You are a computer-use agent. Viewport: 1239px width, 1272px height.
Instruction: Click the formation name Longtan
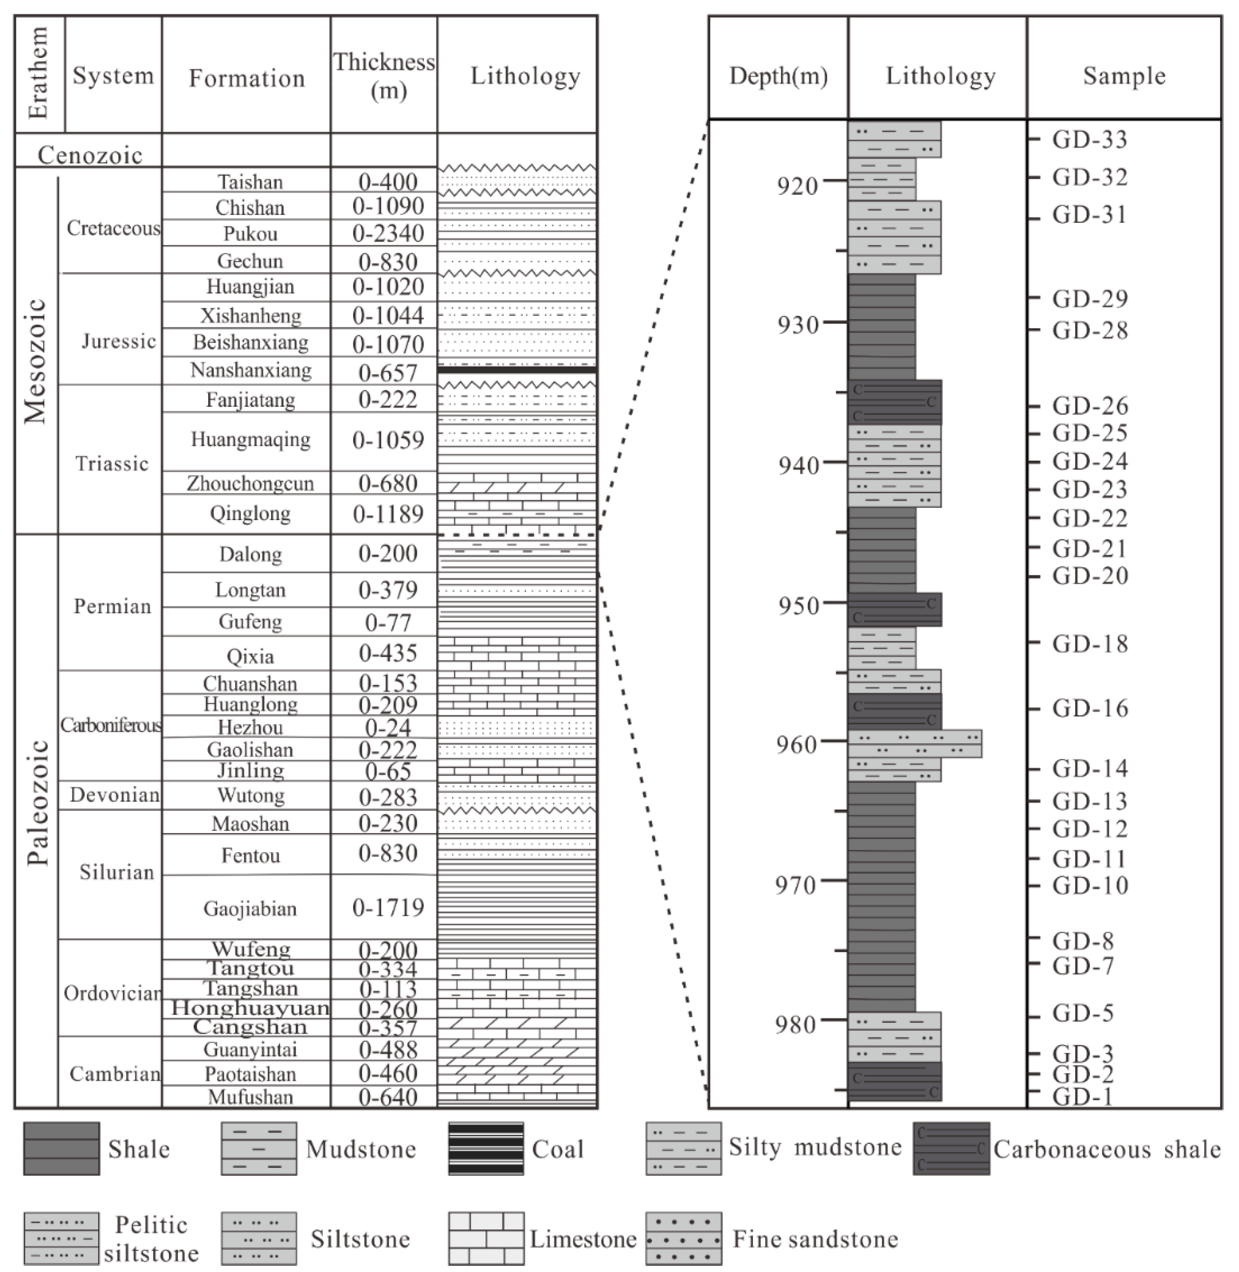(x=251, y=590)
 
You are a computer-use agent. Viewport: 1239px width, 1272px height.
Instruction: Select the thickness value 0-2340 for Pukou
(x=388, y=233)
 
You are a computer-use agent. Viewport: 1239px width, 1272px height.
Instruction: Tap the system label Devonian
(x=115, y=795)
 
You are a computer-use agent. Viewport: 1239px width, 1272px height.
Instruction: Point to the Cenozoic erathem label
(x=90, y=155)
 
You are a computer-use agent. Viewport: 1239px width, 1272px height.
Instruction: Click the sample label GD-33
(x=1089, y=139)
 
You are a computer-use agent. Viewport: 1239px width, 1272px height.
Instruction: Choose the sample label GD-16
(x=1090, y=708)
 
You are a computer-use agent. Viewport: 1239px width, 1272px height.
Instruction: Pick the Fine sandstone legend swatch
(x=683, y=1238)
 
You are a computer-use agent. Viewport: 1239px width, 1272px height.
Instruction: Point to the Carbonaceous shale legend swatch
(x=951, y=1148)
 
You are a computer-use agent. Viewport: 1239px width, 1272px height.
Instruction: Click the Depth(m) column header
(x=778, y=76)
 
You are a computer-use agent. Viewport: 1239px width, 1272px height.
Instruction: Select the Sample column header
(x=1124, y=76)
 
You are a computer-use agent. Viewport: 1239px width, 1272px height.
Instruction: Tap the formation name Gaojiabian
(x=251, y=908)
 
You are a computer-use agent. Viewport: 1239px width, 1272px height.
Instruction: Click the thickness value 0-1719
(x=388, y=907)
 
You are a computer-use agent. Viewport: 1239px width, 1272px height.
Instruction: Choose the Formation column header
(x=247, y=78)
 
